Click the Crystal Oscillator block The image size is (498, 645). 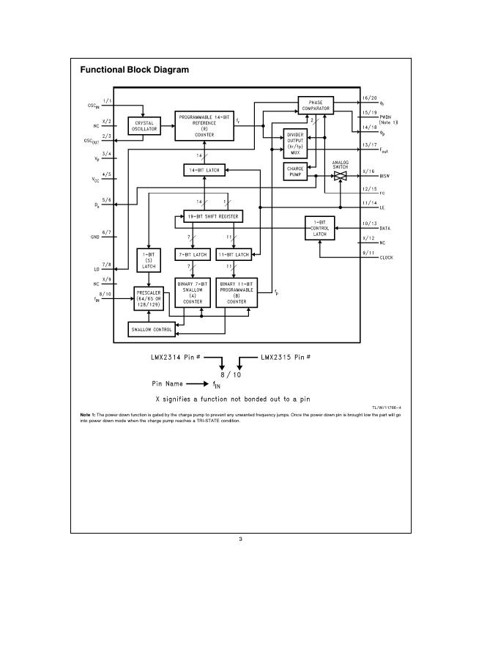[x=144, y=127]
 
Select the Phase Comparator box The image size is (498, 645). [x=316, y=106]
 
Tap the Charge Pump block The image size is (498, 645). [x=295, y=171]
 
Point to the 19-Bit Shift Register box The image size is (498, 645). [x=212, y=217]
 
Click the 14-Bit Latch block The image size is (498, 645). [x=203, y=170]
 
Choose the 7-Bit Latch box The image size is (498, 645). [x=192, y=254]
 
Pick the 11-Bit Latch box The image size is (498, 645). [x=234, y=254]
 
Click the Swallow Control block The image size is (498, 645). [x=152, y=330]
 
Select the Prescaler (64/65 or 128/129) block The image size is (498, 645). [x=149, y=299]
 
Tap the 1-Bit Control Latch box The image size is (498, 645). [x=320, y=228]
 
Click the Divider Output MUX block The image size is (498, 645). [x=295, y=143]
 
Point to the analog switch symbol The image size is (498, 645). [x=341, y=176]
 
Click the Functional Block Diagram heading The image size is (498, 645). [x=134, y=70]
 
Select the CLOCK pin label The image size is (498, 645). [x=386, y=258]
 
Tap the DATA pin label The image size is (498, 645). [x=384, y=229]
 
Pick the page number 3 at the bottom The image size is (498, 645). [x=240, y=539]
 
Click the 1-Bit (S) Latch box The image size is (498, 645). [x=149, y=261]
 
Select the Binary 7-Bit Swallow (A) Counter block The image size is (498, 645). [x=193, y=292]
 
